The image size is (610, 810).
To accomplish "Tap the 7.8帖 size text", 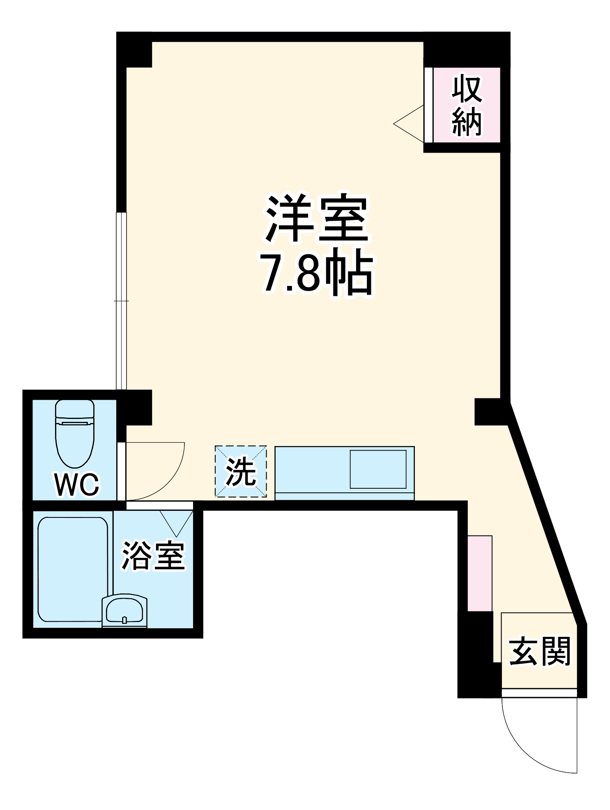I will pos(317,272).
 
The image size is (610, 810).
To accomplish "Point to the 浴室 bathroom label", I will pos(153,556).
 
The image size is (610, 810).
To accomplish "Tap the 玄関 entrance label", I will pos(539,651).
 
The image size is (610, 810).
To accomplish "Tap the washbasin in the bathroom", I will pos(124,610).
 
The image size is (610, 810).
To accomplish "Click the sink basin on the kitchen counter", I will pos(378,469).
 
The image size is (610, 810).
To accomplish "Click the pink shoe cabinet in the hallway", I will pos(480,573).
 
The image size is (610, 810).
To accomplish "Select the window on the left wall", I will pos(122,301).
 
